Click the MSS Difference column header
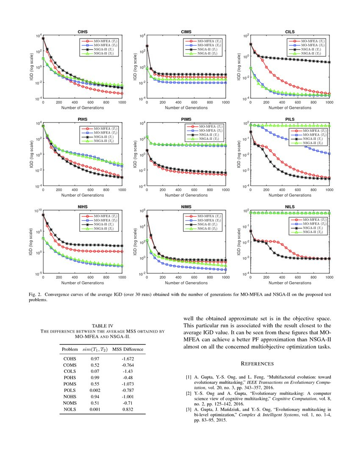coord(127,349)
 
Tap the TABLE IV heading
coord(102,326)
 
